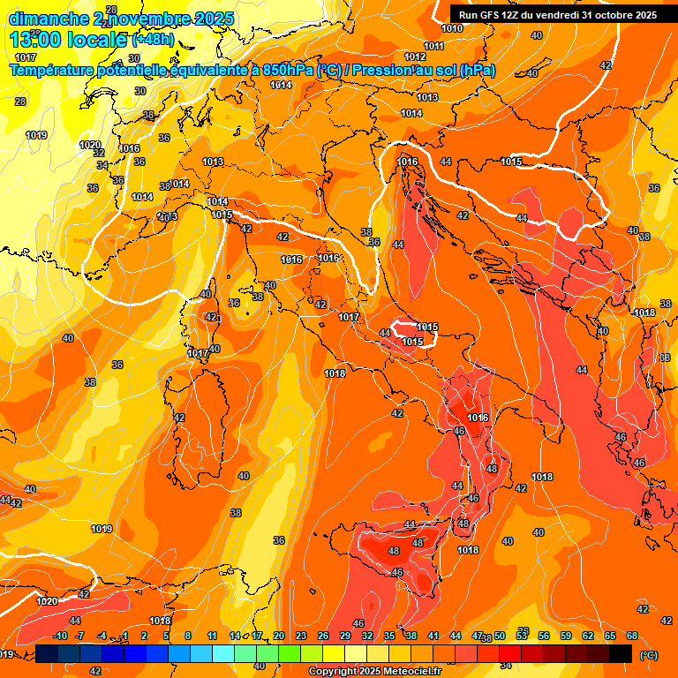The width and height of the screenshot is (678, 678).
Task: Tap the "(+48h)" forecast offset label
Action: click(x=153, y=40)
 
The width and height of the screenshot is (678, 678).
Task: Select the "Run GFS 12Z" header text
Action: click(x=493, y=15)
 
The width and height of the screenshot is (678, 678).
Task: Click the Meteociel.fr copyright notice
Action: click(x=375, y=672)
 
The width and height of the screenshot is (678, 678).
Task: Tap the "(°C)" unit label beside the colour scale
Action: click(x=649, y=655)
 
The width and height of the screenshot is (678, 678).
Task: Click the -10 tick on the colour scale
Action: click(x=60, y=636)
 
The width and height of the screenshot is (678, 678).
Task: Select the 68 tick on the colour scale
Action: click(x=632, y=636)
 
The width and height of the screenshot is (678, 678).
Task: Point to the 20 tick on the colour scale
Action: click(x=279, y=636)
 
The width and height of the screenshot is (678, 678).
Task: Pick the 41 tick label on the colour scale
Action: click(x=433, y=636)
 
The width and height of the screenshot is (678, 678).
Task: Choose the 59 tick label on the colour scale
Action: click(x=566, y=636)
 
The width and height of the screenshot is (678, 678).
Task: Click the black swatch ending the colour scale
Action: click(x=621, y=653)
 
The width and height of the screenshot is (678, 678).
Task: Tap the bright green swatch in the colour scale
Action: click(x=290, y=653)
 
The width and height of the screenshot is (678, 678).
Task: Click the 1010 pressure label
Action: click(x=452, y=28)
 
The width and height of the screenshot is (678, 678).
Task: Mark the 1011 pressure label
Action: click(x=433, y=46)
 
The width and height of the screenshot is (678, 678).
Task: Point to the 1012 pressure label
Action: click(x=415, y=81)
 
